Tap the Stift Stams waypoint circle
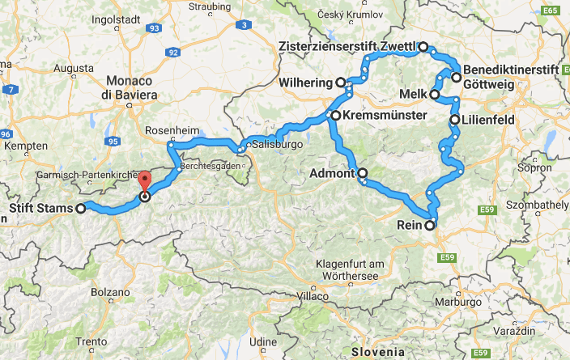pos(80,209)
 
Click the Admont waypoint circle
pos(362,172)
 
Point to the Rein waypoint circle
pos(430,226)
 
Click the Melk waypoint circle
pos(435,95)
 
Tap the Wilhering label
pos(305,83)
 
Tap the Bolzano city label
pos(110,291)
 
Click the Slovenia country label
pos(377,352)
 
